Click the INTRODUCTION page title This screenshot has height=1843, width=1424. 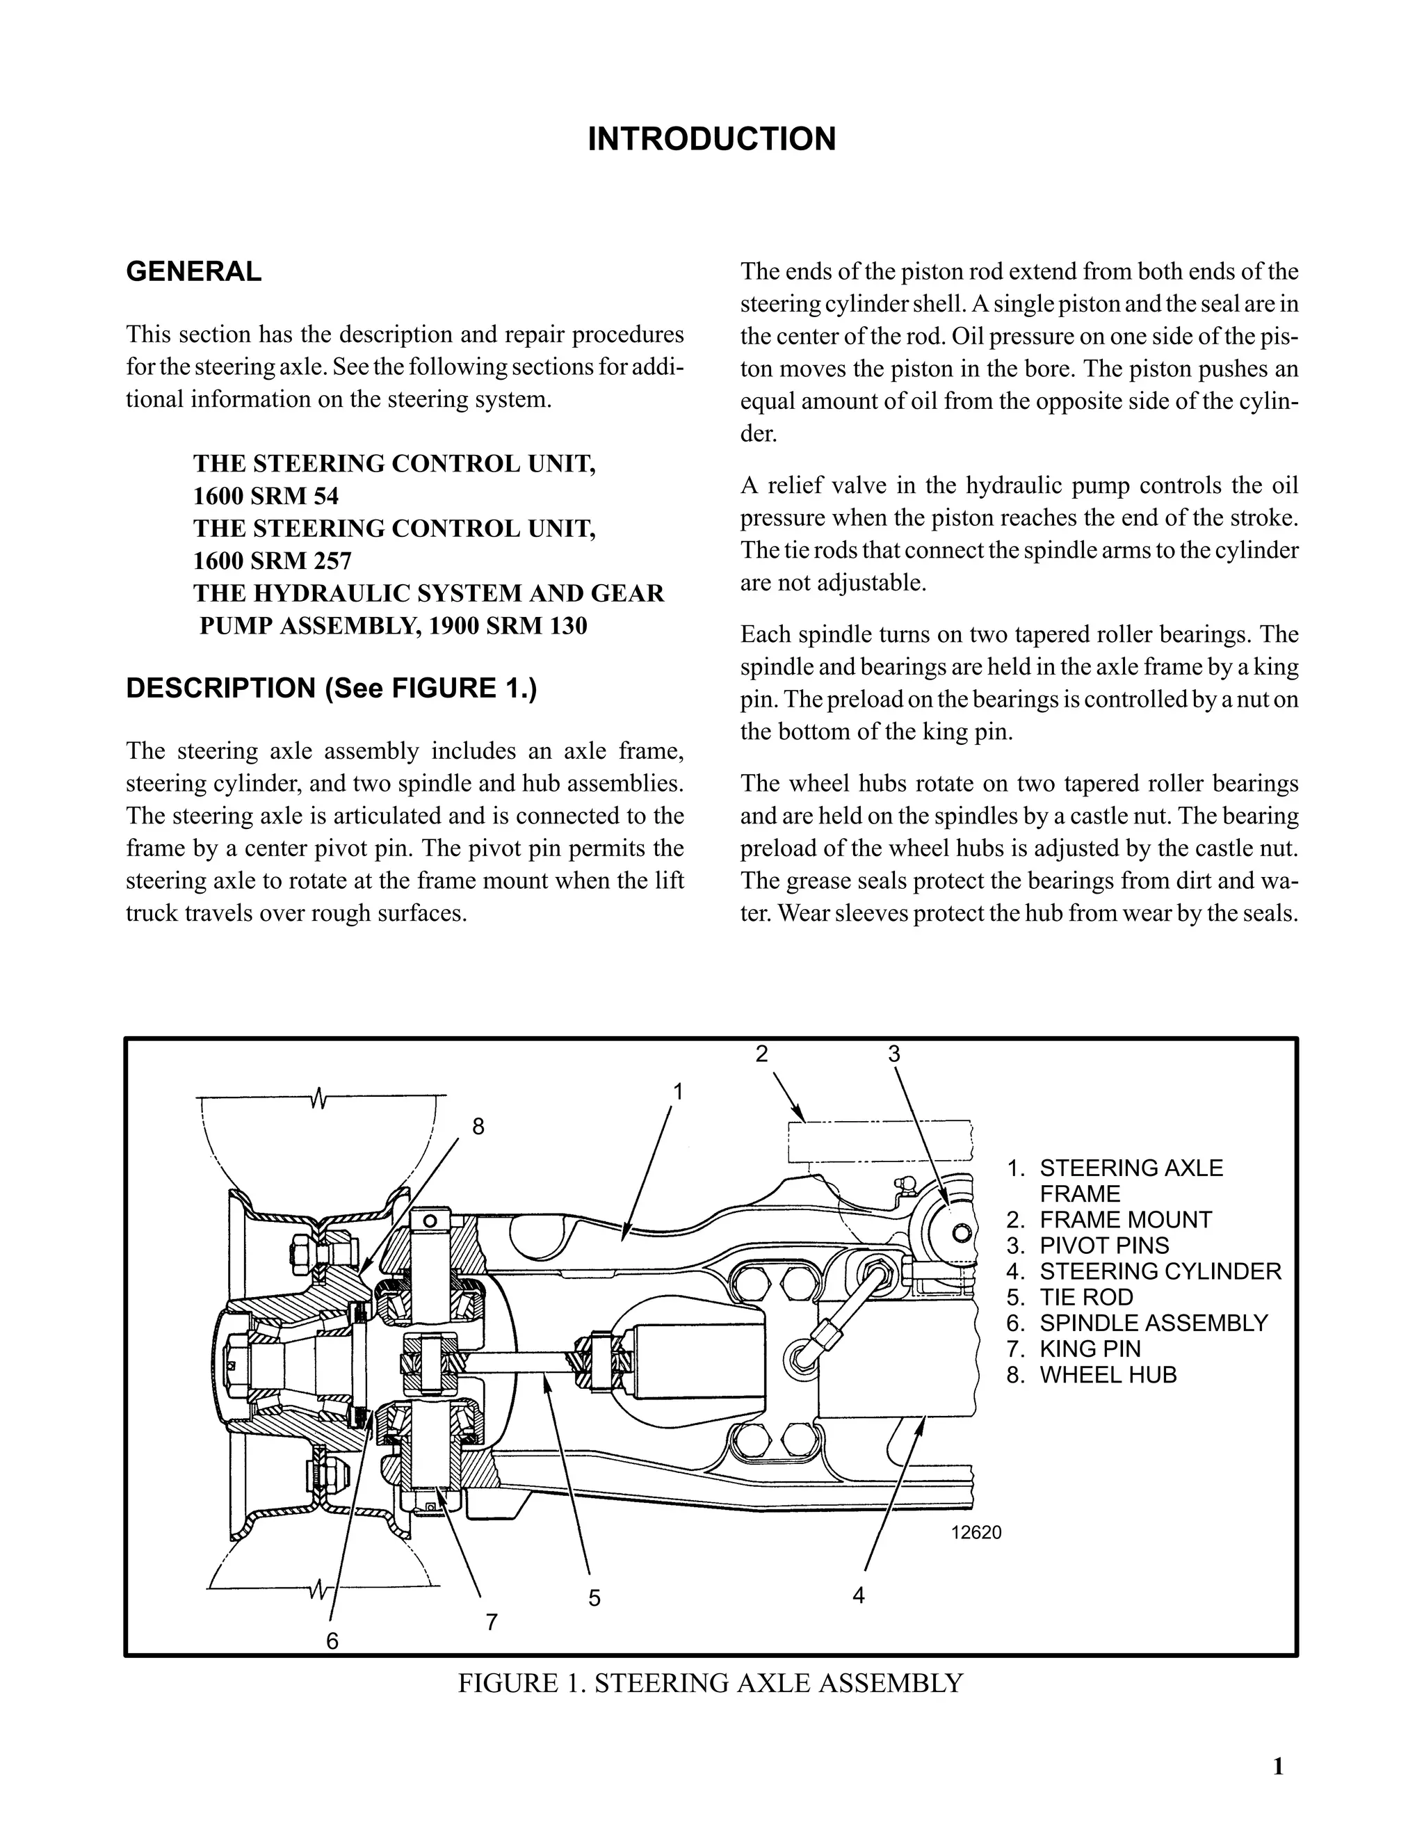(x=711, y=139)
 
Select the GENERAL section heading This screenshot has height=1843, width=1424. (x=193, y=272)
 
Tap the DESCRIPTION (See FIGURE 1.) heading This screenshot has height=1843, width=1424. (x=331, y=688)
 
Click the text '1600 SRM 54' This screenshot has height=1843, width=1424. (x=266, y=495)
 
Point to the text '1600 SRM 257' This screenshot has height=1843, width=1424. (x=272, y=561)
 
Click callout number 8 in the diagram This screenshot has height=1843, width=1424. (x=478, y=1127)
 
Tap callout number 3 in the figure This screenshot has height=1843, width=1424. (x=894, y=1053)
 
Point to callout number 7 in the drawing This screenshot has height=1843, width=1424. (x=491, y=1621)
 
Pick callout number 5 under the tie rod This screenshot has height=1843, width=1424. (x=594, y=1597)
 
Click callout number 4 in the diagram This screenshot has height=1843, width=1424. (x=859, y=1594)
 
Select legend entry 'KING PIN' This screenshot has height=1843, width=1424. (x=1090, y=1349)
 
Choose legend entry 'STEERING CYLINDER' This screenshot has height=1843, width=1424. (x=1160, y=1271)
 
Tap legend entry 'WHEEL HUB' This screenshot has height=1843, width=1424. (x=1108, y=1375)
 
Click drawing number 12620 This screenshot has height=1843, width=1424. (x=976, y=1532)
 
